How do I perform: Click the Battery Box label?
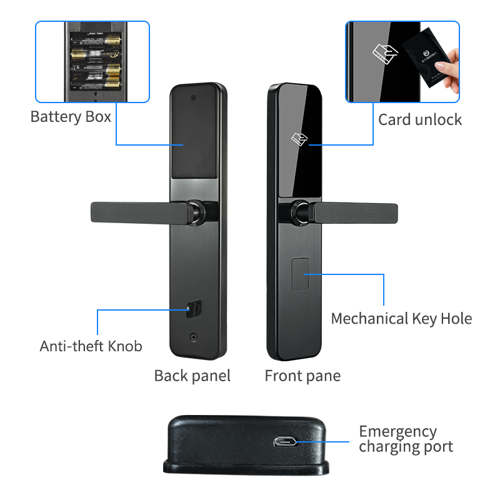tap(71, 117)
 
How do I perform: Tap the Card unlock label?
tap(419, 119)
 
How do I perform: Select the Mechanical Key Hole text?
tap(401, 319)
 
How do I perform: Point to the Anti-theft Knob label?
tap(91, 346)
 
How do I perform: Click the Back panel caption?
tap(192, 376)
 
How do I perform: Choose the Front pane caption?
tap(302, 376)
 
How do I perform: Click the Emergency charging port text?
tap(405, 439)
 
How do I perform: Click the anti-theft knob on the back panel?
tap(193, 308)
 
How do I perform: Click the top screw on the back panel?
tap(194, 98)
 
